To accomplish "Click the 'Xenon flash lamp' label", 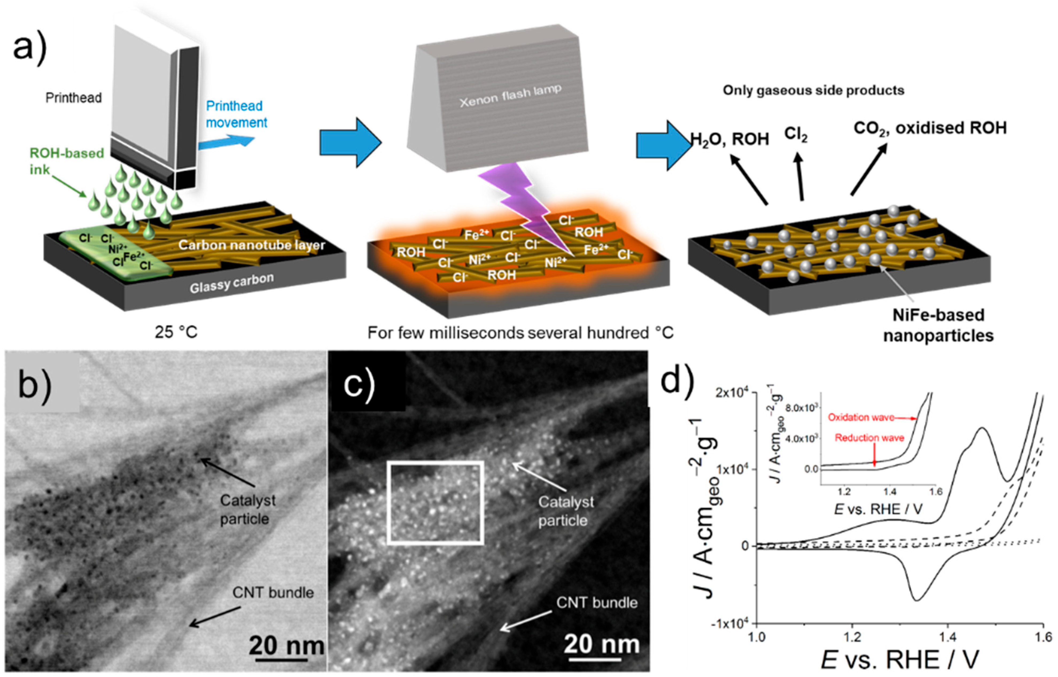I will coord(510,96).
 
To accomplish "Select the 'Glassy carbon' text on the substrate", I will coord(232,283).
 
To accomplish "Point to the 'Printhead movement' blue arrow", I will coord(227,142).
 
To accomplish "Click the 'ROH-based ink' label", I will coord(66,161).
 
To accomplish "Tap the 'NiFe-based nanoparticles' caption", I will coord(938,325).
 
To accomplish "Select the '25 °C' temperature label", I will coord(176,332).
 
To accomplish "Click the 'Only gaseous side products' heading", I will coord(814,91).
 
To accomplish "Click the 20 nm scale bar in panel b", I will coord(281,659).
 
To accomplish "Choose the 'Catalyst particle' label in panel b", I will coord(248,510).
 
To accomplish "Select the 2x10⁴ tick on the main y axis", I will coord(732,393).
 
